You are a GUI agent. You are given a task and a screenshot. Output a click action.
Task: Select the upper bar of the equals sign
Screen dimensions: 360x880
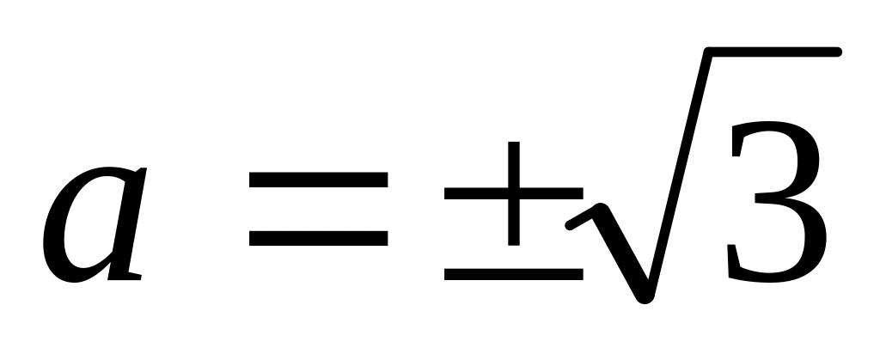pos(318,181)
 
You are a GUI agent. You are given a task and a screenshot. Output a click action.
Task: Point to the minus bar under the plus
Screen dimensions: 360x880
pos(514,275)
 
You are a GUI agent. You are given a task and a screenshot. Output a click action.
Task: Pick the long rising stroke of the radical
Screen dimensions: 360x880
pos(679,172)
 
